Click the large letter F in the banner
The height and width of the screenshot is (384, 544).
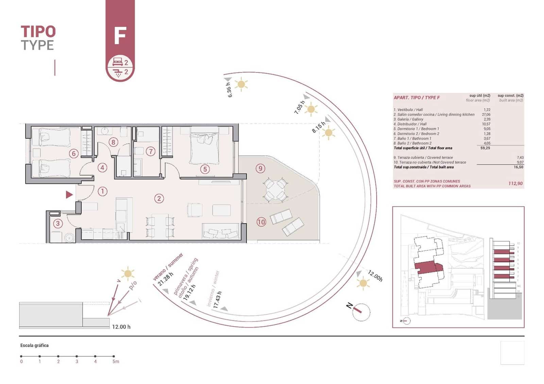point(120,36)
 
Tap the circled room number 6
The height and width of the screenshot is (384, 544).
point(74,154)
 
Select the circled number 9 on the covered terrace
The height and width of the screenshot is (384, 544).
point(260,168)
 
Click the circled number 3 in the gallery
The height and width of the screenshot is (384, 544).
point(58,223)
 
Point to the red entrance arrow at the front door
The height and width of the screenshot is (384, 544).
point(69,194)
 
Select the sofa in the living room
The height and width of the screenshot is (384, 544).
point(220,232)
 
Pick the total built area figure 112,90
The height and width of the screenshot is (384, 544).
point(515,184)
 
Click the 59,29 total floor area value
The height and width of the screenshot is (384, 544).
point(485,148)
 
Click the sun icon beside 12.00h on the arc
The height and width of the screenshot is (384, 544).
point(363,283)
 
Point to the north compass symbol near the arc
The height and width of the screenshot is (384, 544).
point(361,312)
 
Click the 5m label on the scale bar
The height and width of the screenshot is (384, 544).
point(116,362)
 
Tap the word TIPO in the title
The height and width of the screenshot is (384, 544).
point(38,32)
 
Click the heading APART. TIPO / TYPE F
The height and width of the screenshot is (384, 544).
point(417,98)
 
